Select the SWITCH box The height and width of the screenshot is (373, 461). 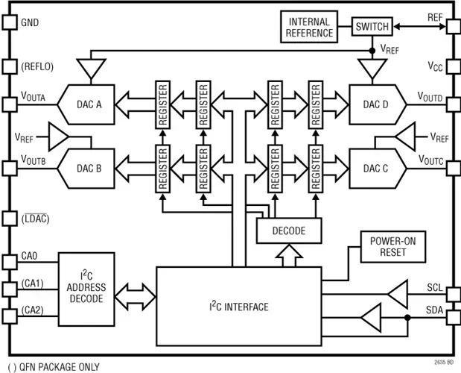(372, 26)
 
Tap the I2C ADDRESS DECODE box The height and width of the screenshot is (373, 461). (87, 287)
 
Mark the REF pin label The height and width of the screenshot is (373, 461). (434, 16)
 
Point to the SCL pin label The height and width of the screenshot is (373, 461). (434, 286)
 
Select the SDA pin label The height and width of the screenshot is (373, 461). (434, 309)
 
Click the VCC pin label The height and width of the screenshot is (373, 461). (435, 66)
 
